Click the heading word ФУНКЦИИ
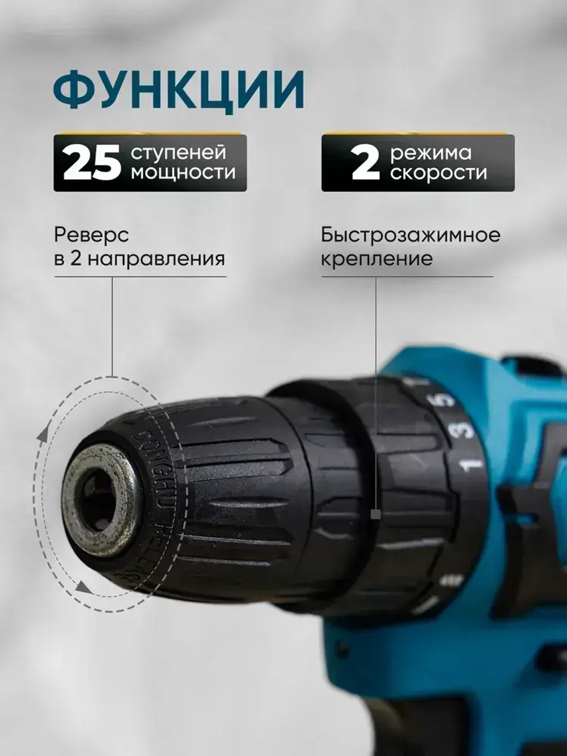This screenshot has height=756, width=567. coord(179,90)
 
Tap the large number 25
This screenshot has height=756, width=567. coord(92,163)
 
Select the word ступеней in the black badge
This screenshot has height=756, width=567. coord(179,152)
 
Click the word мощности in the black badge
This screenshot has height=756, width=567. coord(183,172)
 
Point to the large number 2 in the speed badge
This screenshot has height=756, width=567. coord(365,163)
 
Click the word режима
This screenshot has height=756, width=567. coord(430,153)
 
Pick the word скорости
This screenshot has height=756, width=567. coord(438,172)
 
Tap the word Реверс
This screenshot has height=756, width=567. coord(91,234)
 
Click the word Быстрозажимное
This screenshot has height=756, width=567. coord(411,234)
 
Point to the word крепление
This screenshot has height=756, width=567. coord(376,259)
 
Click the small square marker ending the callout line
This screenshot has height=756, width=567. coord(375,514)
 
